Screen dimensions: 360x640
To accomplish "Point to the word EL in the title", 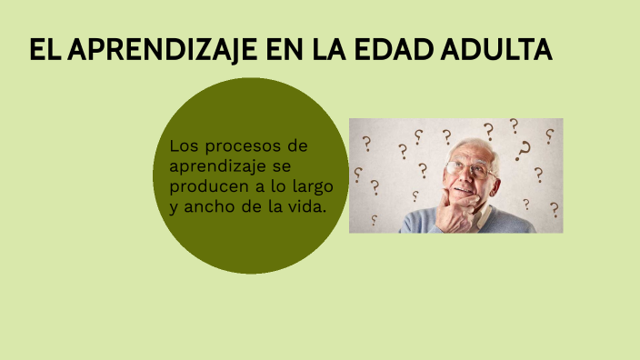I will pos(44,51).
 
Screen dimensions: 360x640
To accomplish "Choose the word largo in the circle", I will pos(314,185).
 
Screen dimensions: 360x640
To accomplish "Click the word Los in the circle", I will pos(183,145).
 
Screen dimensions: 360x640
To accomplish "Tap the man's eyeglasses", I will pos(467,168).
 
